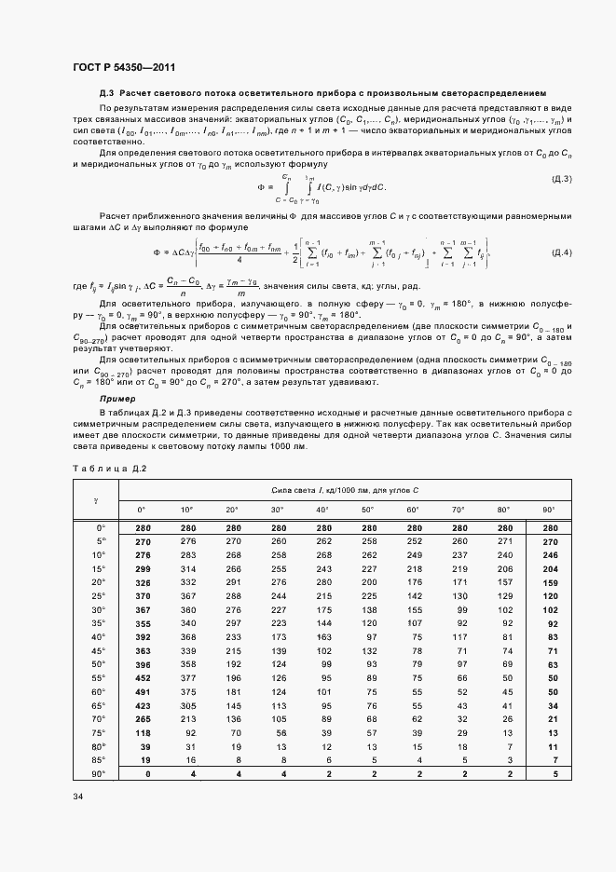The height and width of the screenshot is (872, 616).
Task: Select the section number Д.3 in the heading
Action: click(107, 94)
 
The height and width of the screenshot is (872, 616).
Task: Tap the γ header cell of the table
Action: click(97, 499)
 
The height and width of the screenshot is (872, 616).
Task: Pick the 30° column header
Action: click(277, 510)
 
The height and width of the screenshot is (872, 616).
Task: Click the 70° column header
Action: click(458, 510)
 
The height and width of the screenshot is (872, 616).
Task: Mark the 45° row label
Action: click(98, 649)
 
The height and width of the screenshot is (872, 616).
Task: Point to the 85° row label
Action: click(98, 760)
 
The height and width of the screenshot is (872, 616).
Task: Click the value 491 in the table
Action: click(144, 691)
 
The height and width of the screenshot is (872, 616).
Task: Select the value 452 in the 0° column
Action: click(144, 677)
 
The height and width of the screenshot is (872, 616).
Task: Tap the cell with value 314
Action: click(188, 567)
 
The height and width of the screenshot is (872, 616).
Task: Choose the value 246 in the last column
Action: click(549, 554)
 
